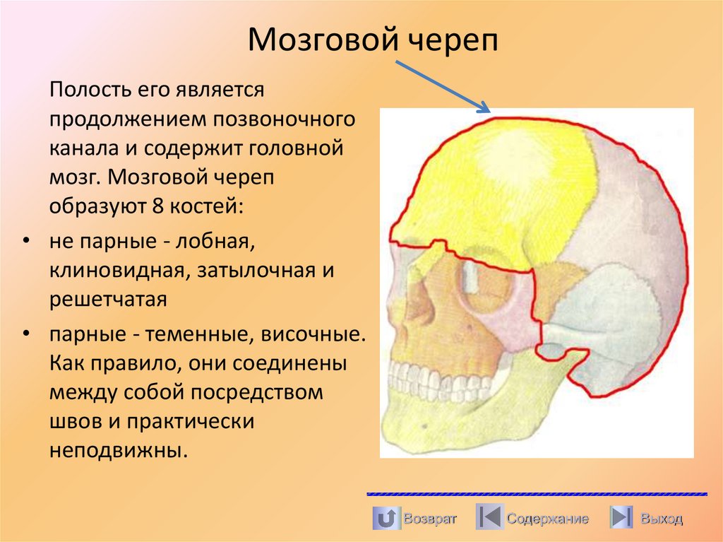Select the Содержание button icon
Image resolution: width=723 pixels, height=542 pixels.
(x=489, y=519)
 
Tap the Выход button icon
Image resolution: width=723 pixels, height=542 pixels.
(x=621, y=519)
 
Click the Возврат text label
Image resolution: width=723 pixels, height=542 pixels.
(x=429, y=519)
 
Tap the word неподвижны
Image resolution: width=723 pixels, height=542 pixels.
(x=118, y=450)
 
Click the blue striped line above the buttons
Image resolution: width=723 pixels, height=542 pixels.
(x=537, y=493)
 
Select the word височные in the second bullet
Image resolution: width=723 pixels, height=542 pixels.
(x=316, y=332)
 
